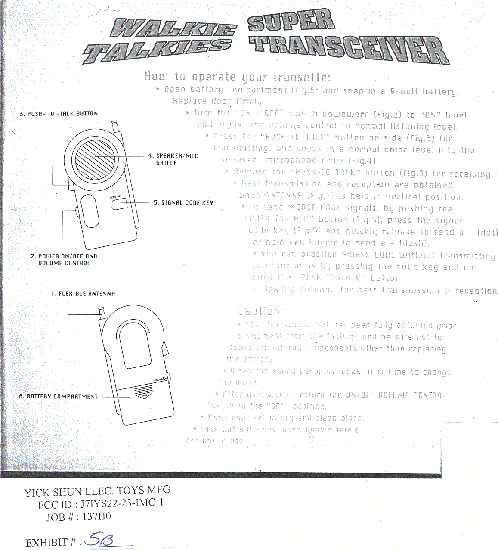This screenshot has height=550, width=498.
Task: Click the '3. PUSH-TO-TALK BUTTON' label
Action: tap(59, 114)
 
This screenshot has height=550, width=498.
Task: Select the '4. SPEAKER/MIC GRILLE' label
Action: tap(173, 159)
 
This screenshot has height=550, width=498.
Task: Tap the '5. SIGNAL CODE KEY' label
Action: tap(183, 203)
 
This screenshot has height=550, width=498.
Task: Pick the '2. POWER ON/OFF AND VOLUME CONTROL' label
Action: tap(64, 260)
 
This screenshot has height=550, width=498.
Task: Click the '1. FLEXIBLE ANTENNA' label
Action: tap(83, 294)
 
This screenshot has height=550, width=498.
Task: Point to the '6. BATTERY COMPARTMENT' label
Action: tap(59, 397)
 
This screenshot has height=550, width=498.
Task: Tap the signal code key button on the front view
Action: tap(119, 204)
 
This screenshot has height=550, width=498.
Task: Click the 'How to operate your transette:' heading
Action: tap(237, 77)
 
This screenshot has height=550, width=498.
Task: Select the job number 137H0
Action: tap(97, 517)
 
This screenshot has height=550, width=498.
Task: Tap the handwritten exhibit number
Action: tap(99, 539)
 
